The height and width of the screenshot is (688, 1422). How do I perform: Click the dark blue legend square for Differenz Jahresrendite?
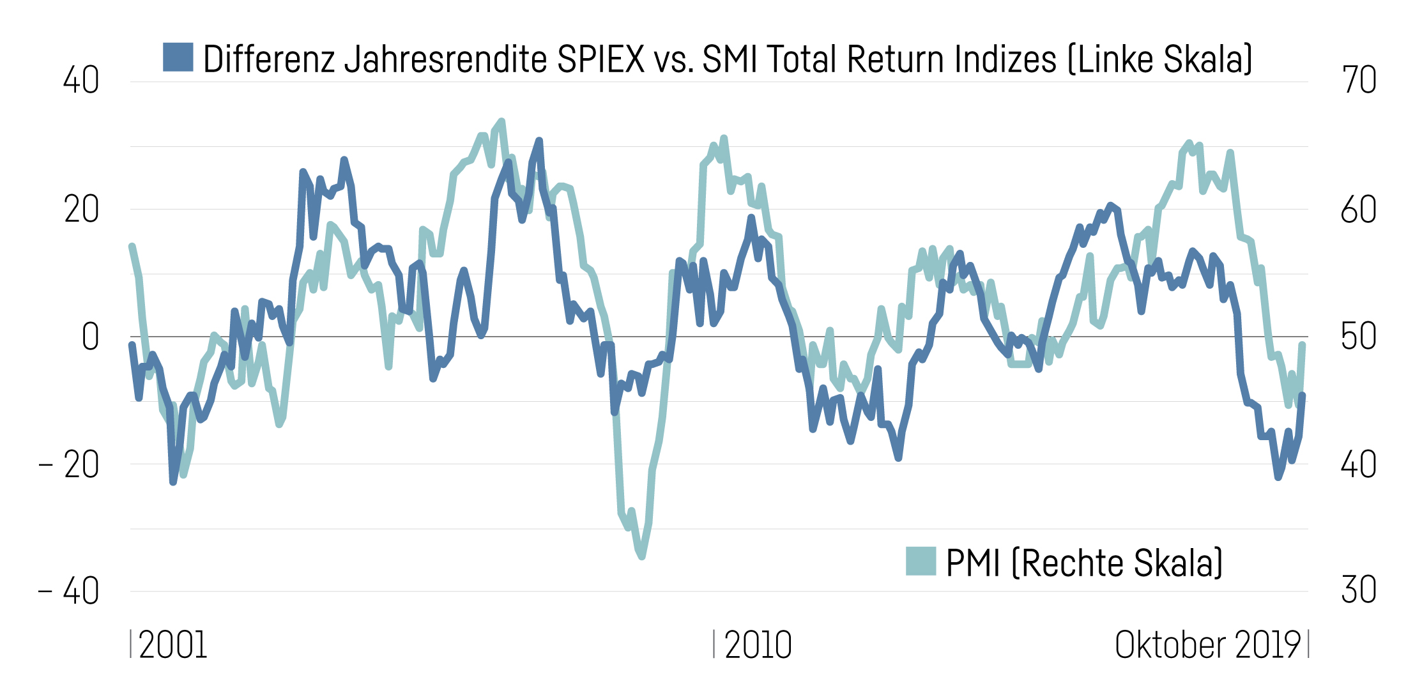click(178, 57)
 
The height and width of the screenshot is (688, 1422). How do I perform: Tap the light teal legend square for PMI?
click(921, 561)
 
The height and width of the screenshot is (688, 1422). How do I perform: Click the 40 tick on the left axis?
click(81, 80)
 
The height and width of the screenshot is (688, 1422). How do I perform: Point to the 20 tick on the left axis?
click(81, 210)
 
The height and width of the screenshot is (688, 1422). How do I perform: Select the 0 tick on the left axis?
click(90, 337)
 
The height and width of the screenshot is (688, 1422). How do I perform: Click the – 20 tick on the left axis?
click(69, 464)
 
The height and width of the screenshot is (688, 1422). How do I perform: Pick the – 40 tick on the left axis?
click(69, 591)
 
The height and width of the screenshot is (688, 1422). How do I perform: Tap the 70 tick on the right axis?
click(1359, 80)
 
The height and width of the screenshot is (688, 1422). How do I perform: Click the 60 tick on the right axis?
click(1359, 210)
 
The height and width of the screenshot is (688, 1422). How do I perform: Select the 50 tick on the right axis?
click(1359, 337)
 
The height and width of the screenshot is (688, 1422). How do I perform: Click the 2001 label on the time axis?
click(172, 645)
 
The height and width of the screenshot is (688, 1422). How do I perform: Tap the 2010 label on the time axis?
click(758, 645)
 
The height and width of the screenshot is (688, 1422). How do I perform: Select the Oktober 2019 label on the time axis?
click(1207, 645)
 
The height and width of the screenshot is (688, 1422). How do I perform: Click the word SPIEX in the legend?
click(600, 59)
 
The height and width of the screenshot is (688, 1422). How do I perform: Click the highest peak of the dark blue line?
click(539, 141)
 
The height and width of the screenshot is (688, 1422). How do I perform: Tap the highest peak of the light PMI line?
click(501, 121)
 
